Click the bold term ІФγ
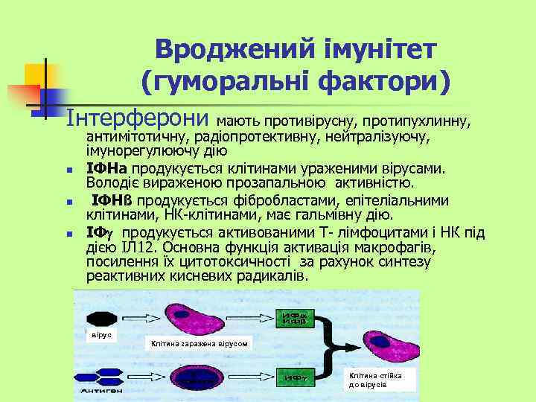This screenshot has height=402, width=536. pos(98,232)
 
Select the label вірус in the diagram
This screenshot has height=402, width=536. pos(100,335)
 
